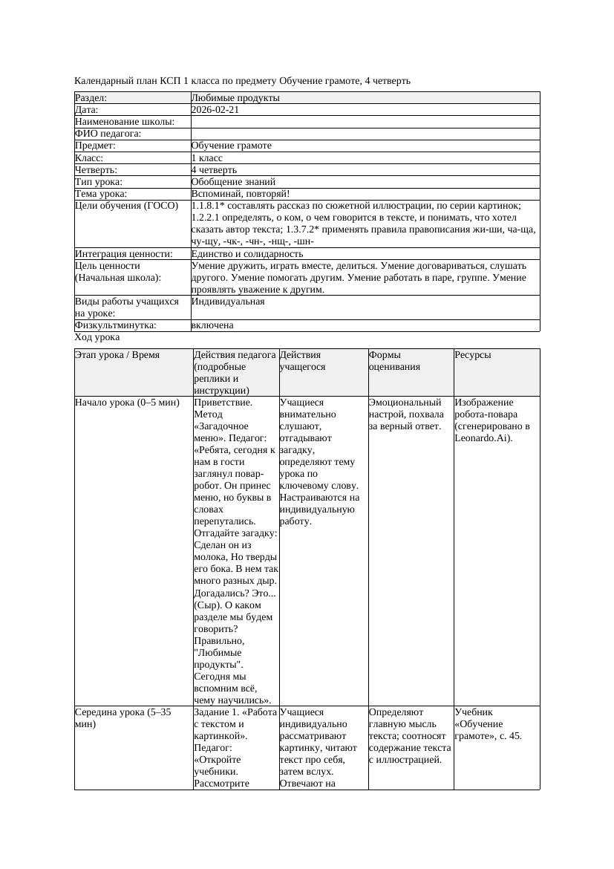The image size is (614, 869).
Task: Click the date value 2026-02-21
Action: click(215, 110)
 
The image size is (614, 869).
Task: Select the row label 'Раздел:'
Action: click(91, 98)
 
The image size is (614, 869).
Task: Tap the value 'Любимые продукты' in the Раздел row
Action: click(235, 98)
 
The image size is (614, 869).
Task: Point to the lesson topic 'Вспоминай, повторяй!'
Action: click(235, 193)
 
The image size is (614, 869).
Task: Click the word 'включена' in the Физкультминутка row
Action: click(212, 325)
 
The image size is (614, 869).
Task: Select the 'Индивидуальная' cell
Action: click(228, 302)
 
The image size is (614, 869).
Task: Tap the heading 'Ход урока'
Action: click(97, 337)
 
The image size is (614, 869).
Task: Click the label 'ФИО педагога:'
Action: click(108, 134)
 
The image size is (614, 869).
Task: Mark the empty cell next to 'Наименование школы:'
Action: click(365, 122)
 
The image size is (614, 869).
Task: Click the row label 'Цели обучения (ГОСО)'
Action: click(127, 206)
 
